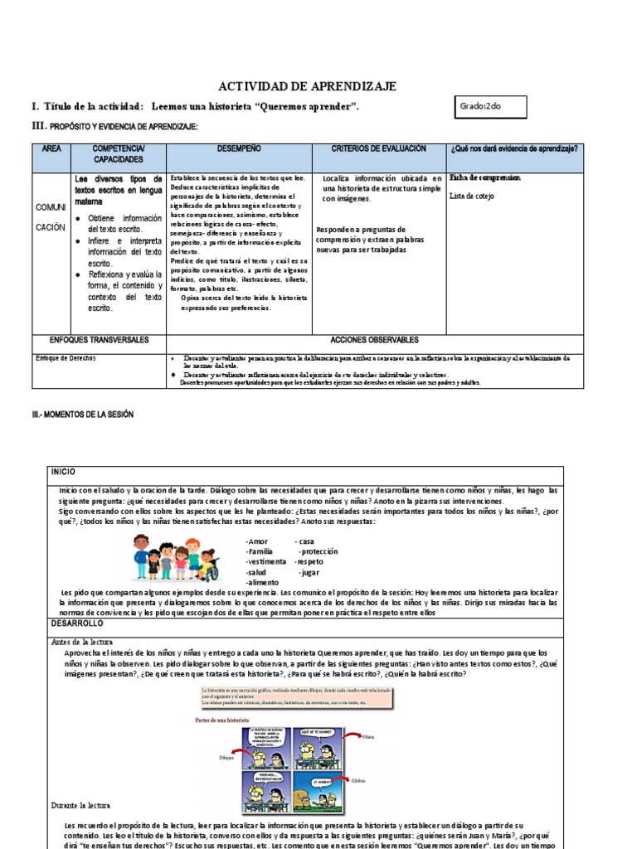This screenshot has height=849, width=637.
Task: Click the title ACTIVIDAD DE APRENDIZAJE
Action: point(307,86)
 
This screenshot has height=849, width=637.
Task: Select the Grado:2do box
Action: point(490,108)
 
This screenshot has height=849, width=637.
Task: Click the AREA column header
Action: point(51,148)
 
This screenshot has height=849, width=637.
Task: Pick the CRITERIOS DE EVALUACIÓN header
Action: point(378,148)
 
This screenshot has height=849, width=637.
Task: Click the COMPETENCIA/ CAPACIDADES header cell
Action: point(119,153)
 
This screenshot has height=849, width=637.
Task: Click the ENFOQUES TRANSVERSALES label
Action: point(99,340)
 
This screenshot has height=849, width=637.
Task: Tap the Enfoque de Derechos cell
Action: point(66,358)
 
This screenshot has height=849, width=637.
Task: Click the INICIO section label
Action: point(63,471)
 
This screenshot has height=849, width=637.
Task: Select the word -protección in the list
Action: point(318,551)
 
